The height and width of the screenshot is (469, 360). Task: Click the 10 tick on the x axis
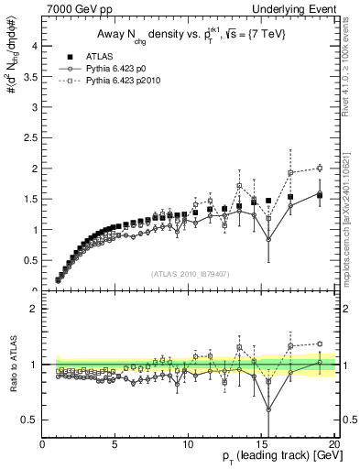188,442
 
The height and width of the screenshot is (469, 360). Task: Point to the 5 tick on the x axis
115,442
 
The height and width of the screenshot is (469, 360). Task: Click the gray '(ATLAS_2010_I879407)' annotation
190,275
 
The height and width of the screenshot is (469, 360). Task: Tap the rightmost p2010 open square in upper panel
320,168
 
